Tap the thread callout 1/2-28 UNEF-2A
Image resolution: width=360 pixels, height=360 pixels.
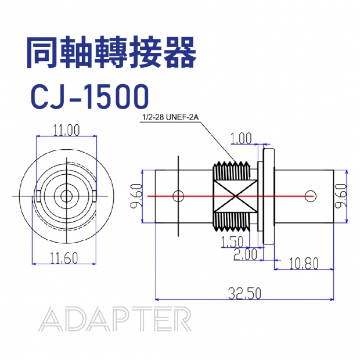pyautogui.click(x=170, y=118)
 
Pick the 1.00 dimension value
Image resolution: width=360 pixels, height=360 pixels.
pyautogui.click(x=241, y=138)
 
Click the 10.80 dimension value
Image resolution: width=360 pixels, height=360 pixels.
pyautogui.click(x=303, y=264)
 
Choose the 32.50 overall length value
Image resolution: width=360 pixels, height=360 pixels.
pyautogui.click(x=244, y=294)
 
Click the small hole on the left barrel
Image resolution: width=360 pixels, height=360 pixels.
pyautogui.click(x=179, y=195)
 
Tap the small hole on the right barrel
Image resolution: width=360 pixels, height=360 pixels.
pyautogui.click(x=312, y=195)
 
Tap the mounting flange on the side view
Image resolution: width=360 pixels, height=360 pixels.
pyautogui.click(x=269, y=196)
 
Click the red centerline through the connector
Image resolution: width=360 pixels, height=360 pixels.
pyautogui.click(x=290, y=196)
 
